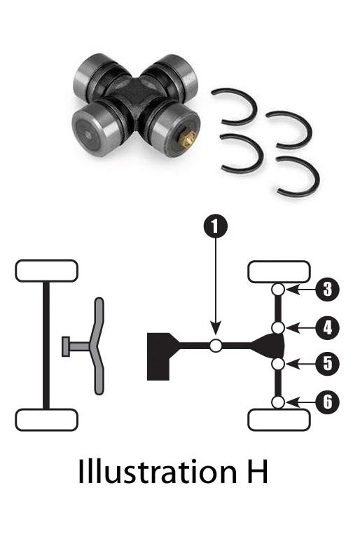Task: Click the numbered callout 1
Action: tap(216, 226)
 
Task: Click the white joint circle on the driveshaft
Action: tap(216, 345)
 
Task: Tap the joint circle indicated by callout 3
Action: tap(278, 289)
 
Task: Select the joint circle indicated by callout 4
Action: tap(278, 327)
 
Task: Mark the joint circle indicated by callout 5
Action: tap(278, 364)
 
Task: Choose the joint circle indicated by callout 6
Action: tap(278, 402)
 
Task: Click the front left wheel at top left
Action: tap(46, 271)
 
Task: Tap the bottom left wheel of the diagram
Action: tap(46, 419)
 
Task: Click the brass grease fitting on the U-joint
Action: tap(187, 140)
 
